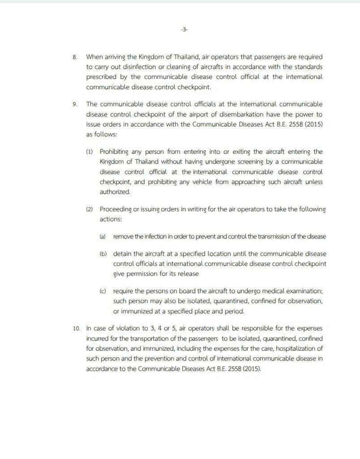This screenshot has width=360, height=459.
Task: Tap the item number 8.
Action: click(75, 57)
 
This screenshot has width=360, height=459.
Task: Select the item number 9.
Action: click(75, 104)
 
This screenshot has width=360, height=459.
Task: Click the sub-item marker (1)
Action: click(90, 152)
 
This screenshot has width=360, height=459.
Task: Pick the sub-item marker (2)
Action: click(90, 209)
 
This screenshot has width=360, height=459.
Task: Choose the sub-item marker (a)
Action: click(103, 237)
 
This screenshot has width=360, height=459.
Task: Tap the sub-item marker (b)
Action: click(103, 254)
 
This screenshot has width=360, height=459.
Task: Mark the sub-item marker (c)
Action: click(103, 291)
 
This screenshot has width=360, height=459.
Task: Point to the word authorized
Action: click(115, 192)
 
